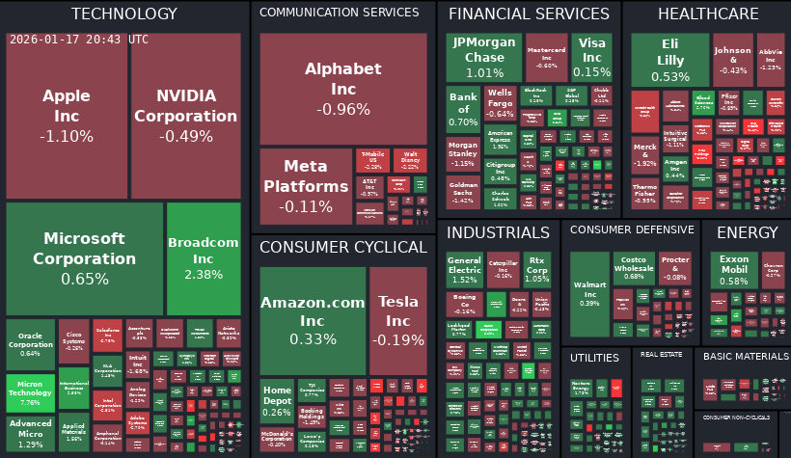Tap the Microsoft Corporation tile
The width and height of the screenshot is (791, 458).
[85, 258]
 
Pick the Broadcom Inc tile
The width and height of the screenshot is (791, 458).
[203, 257]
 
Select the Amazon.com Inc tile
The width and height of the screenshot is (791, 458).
[313, 318]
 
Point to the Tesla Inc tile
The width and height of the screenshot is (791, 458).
[397, 318]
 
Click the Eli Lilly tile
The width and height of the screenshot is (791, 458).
[669, 60]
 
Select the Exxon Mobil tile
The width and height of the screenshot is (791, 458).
[733, 270]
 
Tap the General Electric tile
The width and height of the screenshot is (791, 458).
[464, 270]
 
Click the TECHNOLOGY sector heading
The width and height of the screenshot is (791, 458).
[124, 13]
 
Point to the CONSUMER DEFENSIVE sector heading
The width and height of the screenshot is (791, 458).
[632, 229]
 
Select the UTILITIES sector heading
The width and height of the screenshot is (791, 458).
[594, 358]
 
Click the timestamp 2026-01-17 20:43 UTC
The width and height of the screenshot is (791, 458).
[79, 40]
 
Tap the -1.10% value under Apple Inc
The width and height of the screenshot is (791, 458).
[67, 136]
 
